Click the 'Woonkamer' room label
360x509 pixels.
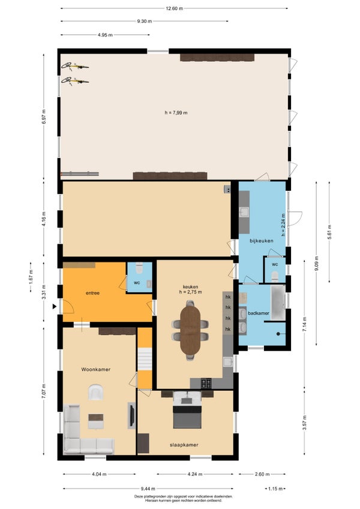tap(96, 369)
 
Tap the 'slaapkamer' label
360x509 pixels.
tap(184, 445)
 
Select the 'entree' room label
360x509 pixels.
tap(92, 293)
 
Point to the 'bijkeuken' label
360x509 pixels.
tap(262, 241)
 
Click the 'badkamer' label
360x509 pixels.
tap(259, 313)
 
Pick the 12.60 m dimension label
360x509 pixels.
tap(175, 9)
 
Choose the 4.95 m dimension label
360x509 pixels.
tap(105, 35)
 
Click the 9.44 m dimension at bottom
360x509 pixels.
tap(148, 489)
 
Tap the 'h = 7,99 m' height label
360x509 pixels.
tap(176, 113)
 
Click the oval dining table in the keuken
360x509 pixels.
tap(191, 330)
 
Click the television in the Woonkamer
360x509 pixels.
tap(132, 415)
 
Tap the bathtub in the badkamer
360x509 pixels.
tap(278, 303)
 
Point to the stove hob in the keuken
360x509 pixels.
tap(206, 384)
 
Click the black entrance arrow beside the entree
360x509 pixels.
tap(55, 306)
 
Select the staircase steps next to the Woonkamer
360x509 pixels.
tap(145, 359)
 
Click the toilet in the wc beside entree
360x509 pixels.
tap(139, 268)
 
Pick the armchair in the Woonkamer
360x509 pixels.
tap(96, 392)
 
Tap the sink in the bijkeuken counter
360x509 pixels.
tap(244, 212)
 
